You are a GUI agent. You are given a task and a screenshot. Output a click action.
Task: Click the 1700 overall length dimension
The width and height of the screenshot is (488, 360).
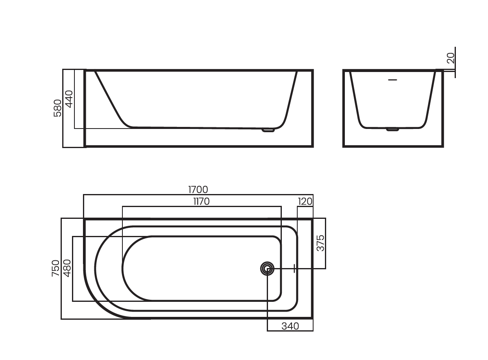tap(198, 190)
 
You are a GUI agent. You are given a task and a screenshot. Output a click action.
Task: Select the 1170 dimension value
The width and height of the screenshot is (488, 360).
tap(202, 202)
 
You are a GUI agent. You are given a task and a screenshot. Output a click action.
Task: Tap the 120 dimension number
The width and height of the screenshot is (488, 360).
tap(305, 202)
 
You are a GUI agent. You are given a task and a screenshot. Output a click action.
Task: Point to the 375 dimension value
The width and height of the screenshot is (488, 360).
tap(320, 243)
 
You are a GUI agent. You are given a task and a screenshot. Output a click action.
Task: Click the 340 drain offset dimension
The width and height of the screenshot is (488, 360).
tap(290, 326)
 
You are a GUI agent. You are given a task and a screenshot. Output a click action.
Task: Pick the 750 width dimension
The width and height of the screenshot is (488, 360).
tap(56, 268)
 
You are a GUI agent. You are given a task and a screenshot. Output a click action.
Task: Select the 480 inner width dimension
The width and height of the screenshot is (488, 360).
tap(68, 268)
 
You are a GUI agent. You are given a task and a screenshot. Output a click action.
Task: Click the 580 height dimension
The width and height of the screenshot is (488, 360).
tap(57, 108)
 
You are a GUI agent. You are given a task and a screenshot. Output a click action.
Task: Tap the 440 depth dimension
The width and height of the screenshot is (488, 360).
tap(69, 99)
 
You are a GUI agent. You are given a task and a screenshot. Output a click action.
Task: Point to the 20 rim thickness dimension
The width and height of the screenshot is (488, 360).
tap(451, 58)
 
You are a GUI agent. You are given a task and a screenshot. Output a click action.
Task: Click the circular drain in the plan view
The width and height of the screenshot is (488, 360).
tap(267, 269)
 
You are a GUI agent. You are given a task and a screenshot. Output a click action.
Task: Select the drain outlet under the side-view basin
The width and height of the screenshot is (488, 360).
tap(268, 130)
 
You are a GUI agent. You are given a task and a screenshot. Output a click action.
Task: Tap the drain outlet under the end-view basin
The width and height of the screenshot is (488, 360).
tap(392, 130)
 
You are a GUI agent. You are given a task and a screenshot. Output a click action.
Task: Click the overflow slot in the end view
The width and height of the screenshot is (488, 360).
tap(392, 80)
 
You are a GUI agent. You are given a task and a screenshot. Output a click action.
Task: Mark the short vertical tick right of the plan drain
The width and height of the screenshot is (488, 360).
tap(294, 268)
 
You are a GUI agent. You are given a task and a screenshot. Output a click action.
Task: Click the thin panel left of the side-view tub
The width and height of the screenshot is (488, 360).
tap(74, 109)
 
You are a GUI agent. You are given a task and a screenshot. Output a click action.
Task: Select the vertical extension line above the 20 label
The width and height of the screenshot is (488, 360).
tap(455, 62)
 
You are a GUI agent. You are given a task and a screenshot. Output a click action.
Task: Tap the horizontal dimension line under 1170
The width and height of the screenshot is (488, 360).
tap(202, 206)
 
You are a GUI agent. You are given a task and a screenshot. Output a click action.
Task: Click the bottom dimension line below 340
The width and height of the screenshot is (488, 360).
tap(290, 331)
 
